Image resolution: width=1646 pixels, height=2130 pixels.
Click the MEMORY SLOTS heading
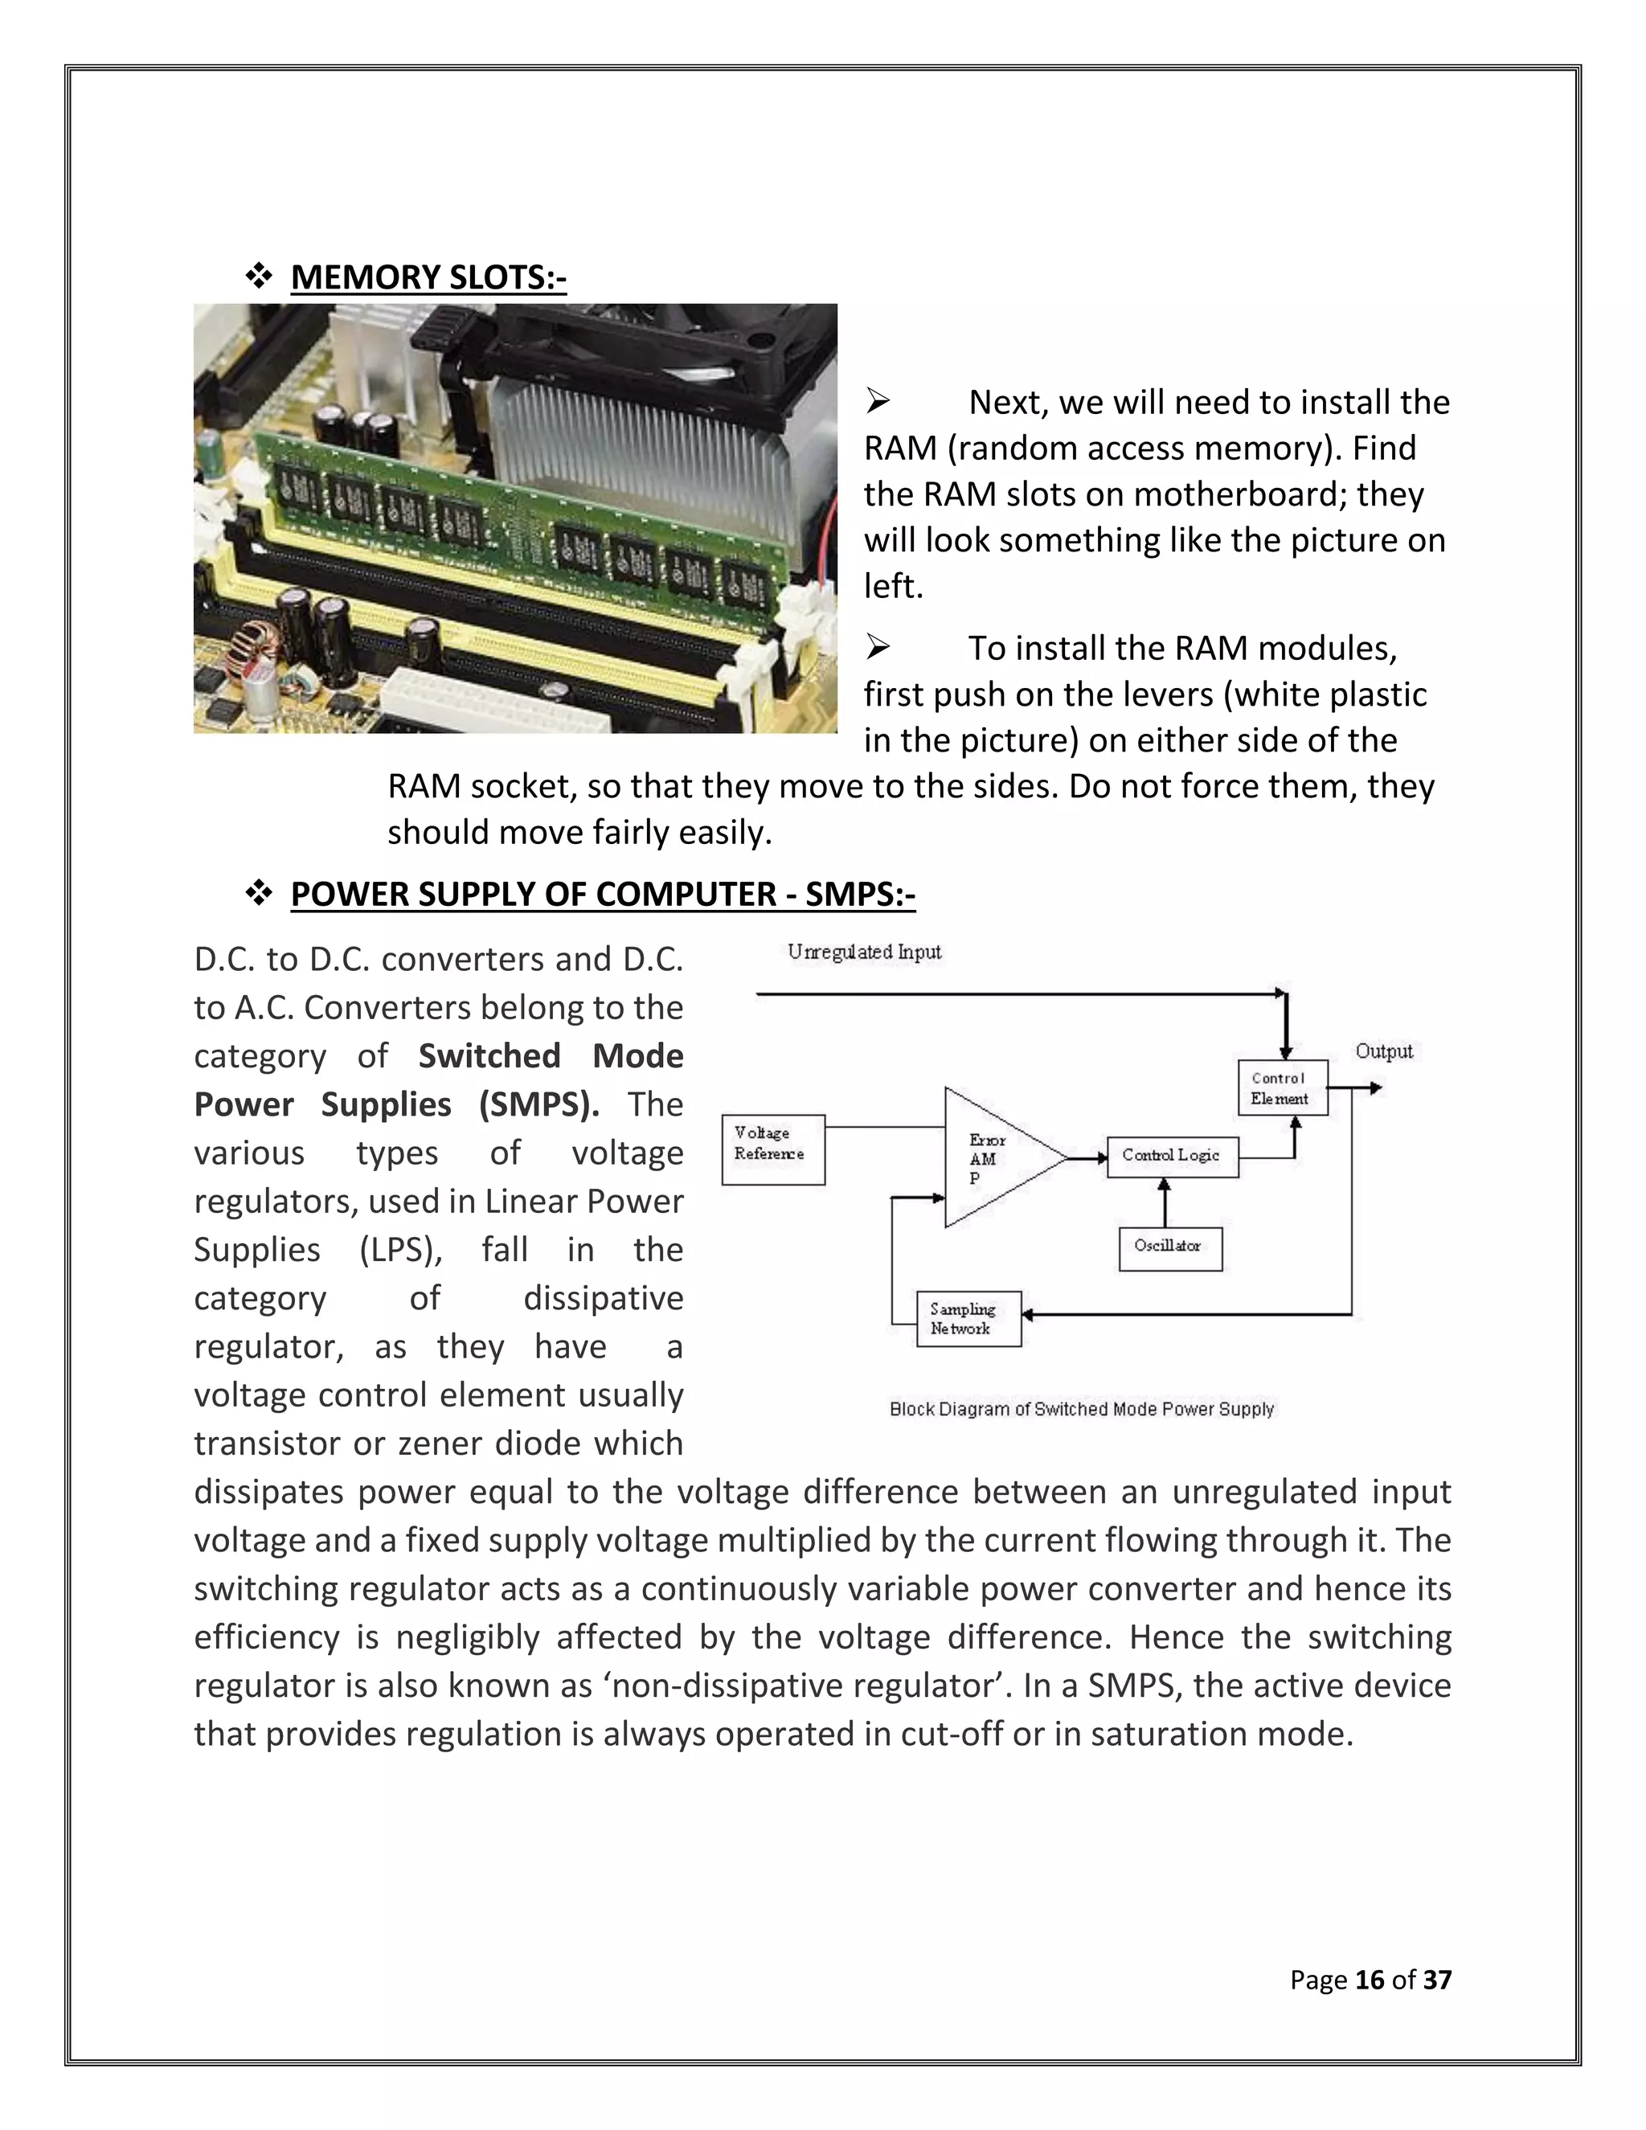pos(428,278)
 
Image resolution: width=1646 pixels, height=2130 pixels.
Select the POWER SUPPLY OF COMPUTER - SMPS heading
pos(603,895)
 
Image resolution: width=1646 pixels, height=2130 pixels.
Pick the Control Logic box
pos(1172,1157)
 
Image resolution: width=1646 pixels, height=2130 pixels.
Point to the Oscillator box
pos(1170,1248)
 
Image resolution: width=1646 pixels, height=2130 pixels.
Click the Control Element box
pos(1282,1088)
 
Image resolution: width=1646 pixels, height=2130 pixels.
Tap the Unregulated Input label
pos(864,952)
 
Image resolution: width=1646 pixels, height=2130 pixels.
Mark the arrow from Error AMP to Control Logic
pos(1087,1158)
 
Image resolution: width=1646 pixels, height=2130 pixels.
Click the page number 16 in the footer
pos(1369,1980)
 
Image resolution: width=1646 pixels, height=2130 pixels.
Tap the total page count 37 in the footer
pos(1437,1980)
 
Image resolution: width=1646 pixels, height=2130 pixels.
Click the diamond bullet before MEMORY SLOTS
pos(259,278)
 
